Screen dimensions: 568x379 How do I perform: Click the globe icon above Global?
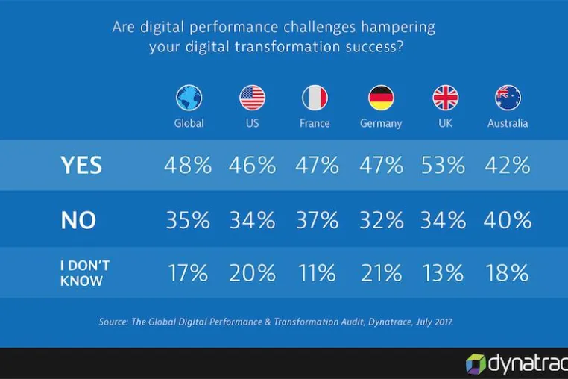[x=189, y=98]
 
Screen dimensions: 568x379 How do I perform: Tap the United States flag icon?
[x=252, y=98]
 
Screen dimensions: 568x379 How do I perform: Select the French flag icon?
[x=315, y=98]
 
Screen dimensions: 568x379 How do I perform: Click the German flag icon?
[x=381, y=98]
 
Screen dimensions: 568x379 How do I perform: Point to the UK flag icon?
[x=446, y=98]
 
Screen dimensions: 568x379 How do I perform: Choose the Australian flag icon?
[x=508, y=98]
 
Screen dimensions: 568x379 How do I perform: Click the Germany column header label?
[x=381, y=124]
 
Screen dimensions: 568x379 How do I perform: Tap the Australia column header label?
[x=508, y=123]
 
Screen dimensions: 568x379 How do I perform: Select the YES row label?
[x=81, y=166]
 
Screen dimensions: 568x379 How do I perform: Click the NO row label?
[x=78, y=220]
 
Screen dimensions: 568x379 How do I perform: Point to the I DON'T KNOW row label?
[x=85, y=273]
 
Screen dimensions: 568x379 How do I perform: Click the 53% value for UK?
[x=443, y=165]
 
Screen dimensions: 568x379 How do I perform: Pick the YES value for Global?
[x=188, y=165]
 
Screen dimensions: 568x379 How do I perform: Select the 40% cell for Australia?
[x=507, y=220]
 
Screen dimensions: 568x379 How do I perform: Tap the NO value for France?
[x=318, y=220]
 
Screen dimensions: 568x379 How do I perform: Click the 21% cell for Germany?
[x=381, y=273]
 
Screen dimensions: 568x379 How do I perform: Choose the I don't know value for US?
[x=252, y=273]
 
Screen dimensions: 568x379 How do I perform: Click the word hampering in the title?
[x=399, y=28]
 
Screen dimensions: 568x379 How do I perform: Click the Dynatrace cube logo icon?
[x=476, y=364]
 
